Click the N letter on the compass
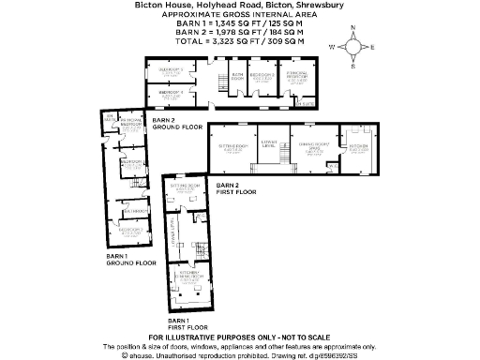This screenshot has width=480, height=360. [352, 29]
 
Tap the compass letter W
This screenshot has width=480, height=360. [331, 46]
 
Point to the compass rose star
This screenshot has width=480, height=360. [352, 47]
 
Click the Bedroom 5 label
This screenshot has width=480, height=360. [170, 70]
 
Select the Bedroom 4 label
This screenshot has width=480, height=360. [170, 93]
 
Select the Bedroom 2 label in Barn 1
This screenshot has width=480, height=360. [130, 229]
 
